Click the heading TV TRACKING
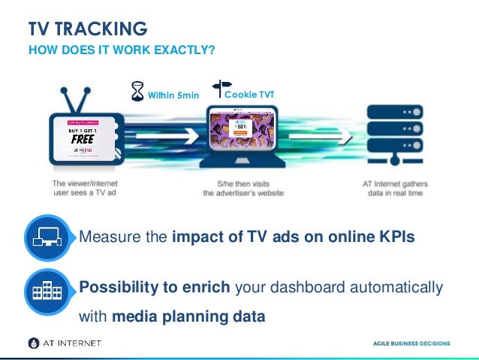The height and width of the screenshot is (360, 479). [x=88, y=29]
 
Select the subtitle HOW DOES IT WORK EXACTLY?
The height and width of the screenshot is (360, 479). [x=122, y=50]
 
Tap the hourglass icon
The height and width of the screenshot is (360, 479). [x=137, y=91]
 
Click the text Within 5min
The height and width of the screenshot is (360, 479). [x=173, y=95]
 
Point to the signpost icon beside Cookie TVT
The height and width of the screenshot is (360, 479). [x=223, y=90]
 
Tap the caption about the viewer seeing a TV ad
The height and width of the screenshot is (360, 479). [x=85, y=187]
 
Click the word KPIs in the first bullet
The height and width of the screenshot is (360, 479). [x=396, y=238]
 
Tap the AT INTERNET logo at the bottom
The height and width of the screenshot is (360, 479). [x=64, y=343]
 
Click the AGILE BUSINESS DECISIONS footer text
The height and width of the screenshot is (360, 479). [x=412, y=343]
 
